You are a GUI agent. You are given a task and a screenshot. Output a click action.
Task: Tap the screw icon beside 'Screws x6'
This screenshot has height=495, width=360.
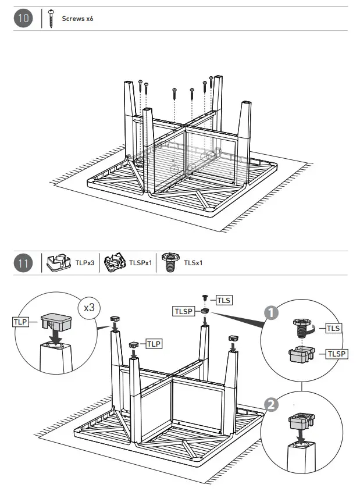[52, 19]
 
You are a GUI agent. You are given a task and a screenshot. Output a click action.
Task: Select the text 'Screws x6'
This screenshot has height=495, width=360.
[77, 19]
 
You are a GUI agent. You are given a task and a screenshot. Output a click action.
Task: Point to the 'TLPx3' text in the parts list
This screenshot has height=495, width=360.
[84, 263]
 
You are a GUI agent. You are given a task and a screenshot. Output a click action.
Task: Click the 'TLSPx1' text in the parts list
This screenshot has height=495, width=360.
[141, 263]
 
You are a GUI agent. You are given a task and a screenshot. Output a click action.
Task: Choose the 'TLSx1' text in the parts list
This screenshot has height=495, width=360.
[193, 263]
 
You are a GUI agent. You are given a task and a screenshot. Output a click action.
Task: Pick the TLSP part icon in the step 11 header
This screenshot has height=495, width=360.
[114, 263]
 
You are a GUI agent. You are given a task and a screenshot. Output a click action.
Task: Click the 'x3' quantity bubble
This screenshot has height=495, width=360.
[89, 307]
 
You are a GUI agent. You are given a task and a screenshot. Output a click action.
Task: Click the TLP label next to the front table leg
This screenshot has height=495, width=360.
[154, 344]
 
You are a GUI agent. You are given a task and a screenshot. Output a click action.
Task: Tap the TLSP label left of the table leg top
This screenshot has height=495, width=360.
[183, 312]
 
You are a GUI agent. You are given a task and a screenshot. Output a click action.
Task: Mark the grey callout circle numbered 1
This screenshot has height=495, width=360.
[270, 312]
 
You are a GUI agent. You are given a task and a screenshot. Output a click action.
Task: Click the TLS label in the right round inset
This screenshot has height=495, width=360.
[334, 329]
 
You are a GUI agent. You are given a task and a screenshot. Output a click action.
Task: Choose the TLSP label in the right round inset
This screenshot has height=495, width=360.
[336, 354]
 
